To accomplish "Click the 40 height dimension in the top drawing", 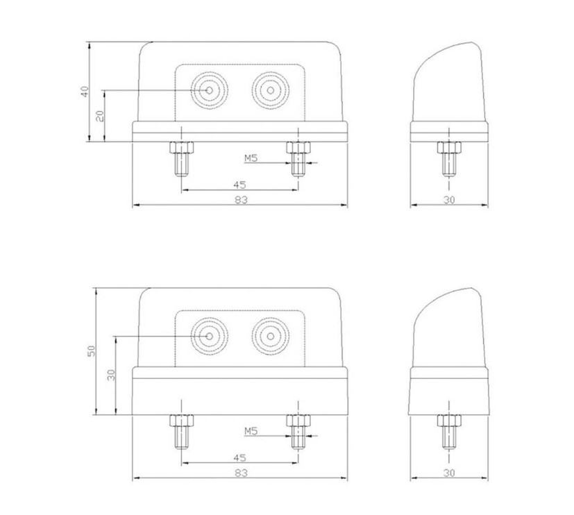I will (85, 91).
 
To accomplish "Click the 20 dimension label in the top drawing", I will (99, 116).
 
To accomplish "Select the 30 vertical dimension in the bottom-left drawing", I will (110, 375).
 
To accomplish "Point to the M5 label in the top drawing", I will (251, 158).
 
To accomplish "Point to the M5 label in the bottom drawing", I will (251, 432).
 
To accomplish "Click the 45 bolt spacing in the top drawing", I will (239, 185).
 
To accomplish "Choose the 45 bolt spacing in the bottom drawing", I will (239, 457).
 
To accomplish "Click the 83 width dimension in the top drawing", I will (239, 200).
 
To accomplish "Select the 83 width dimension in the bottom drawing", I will (239, 473).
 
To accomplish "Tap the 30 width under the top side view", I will (449, 200).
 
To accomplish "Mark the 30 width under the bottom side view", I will (449, 473).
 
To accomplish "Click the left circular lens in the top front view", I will (210, 90).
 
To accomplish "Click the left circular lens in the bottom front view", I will (210, 336).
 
